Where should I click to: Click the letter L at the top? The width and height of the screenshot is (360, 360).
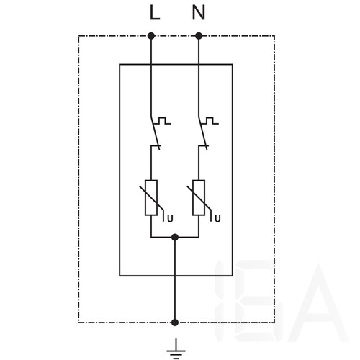pos(155,12)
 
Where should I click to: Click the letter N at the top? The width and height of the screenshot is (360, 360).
pos(199,12)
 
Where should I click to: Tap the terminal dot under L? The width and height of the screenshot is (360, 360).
pos(151,36)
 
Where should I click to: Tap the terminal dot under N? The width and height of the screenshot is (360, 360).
pos(199,36)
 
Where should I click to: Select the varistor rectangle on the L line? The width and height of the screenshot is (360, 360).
pos(151,197)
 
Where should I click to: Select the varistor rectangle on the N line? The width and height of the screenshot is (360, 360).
pos(199,197)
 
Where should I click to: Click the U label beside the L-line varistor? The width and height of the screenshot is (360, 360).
pos(170,219)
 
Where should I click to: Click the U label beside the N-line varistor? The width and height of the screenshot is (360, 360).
pos(217,219)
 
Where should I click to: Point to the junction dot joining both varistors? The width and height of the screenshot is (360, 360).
pos(175,238)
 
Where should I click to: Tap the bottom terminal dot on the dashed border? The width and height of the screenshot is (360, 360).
pos(175,323)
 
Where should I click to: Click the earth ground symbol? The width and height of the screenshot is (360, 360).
pos(176,349)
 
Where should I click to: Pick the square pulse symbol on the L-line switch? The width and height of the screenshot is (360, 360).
pos(163,121)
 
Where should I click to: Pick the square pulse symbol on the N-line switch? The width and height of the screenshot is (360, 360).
pos(210,121)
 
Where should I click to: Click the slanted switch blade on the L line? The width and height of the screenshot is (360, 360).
pos(155,132)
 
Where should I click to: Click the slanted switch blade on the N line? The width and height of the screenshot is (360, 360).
pos(202,132)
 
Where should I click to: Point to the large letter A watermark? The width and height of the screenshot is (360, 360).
pos(318,302)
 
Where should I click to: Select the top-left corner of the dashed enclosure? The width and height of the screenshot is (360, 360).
pos(78,36)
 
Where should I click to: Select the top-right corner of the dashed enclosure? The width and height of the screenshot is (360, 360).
pos(274,36)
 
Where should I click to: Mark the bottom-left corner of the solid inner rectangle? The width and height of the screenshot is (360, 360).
pos(120,276)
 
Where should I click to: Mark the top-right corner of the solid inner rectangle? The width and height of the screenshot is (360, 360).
pos(233,64)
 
